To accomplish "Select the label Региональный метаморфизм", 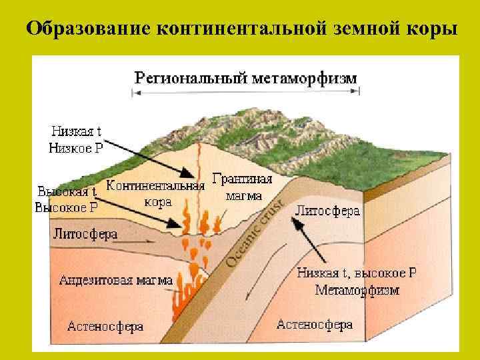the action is pyautogui.click(x=246, y=77).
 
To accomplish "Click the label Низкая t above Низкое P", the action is pyautogui.click(x=75, y=131).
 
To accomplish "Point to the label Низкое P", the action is pyautogui.click(x=76, y=148).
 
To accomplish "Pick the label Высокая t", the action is pyautogui.click(x=67, y=191).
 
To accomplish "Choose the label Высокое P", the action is pyautogui.click(x=66, y=207).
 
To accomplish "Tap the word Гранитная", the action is pyautogui.click(x=243, y=179).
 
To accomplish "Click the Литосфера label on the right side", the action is pyautogui.click(x=327, y=211).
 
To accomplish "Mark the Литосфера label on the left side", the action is pyautogui.click(x=85, y=234).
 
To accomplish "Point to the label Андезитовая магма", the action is pyautogui.click(x=116, y=280).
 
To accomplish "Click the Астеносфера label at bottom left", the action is pyautogui.click(x=105, y=327).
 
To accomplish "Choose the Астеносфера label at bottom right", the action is pyautogui.click(x=314, y=325).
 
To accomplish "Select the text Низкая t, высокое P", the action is pyautogui.click(x=356, y=273).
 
